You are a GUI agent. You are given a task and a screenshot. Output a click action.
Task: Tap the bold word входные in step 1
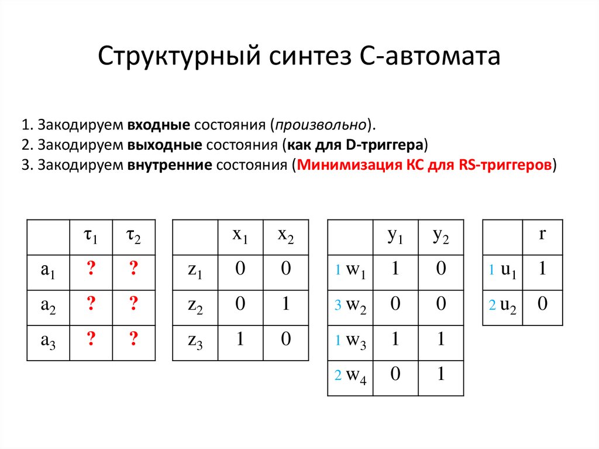click(159, 126)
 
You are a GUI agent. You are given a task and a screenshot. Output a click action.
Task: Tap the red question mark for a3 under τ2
click(133, 339)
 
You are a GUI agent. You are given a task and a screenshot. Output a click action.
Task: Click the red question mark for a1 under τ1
click(91, 269)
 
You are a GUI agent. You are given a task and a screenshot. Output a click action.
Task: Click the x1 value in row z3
click(240, 339)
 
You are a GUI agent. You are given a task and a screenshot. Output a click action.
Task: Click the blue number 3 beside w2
click(338, 306)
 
